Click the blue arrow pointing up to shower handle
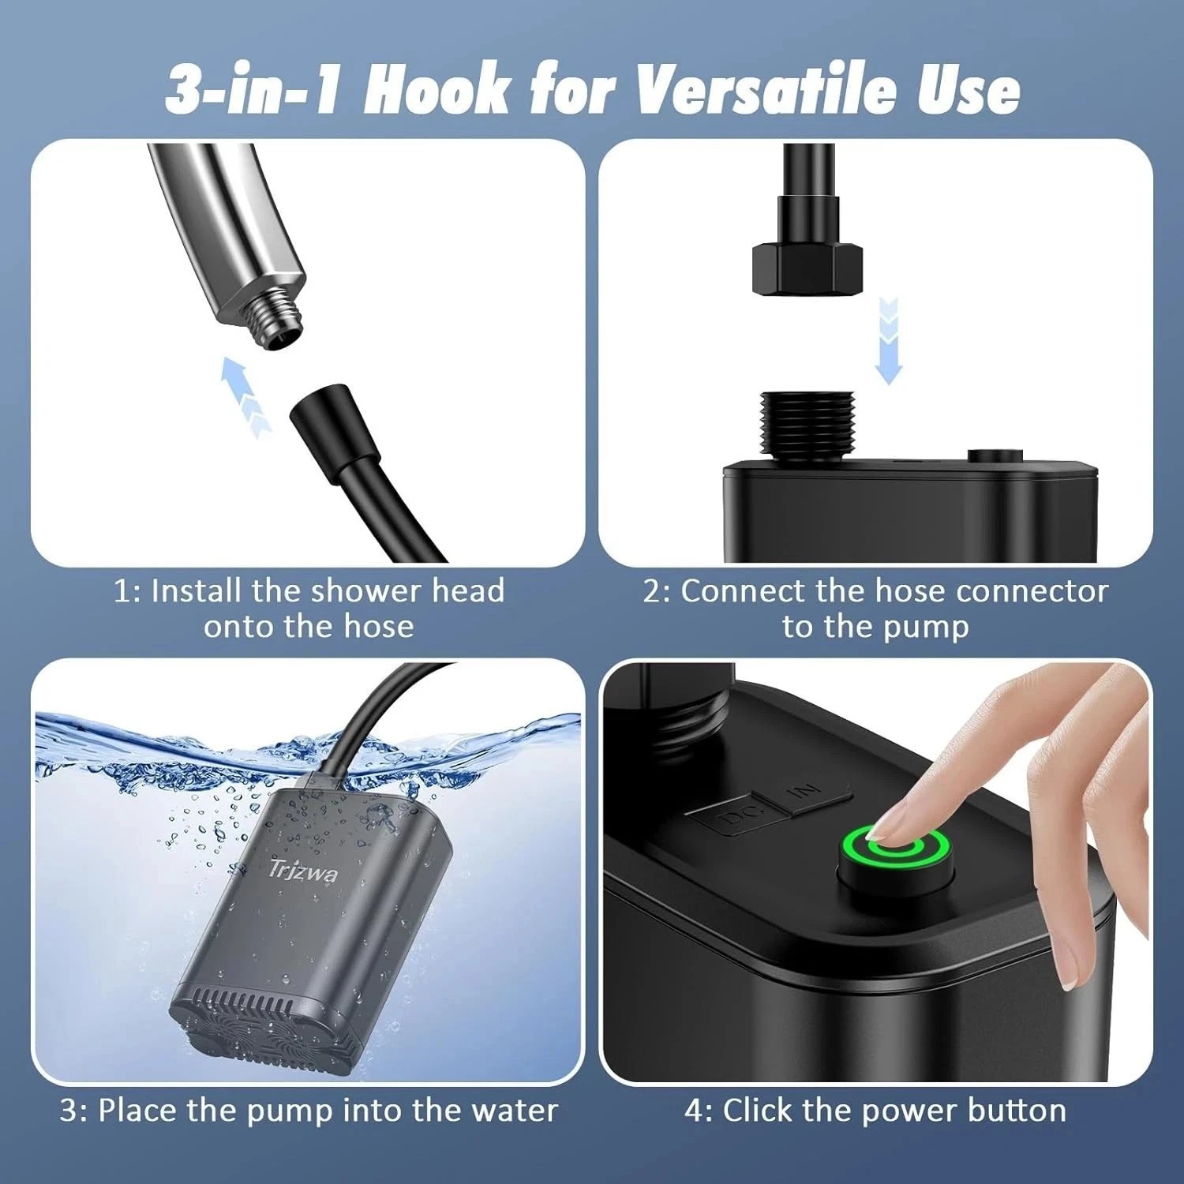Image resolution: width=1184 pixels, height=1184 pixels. click(244, 395)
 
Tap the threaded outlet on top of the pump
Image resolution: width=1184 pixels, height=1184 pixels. click(805, 424)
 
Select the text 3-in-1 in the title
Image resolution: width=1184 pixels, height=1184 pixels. click(253, 89)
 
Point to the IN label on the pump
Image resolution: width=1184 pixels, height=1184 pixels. click(807, 791)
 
